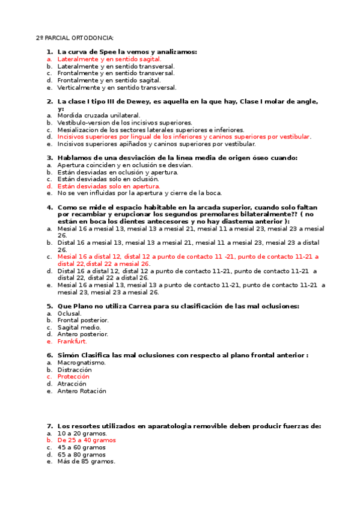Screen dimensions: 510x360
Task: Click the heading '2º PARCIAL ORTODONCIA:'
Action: (x=75, y=38)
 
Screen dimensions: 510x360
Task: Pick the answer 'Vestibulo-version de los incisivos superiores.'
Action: (x=124, y=123)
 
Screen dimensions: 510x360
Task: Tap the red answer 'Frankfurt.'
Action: (x=72, y=342)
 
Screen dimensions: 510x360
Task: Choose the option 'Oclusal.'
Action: (x=69, y=313)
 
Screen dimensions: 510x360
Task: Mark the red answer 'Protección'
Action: (x=73, y=377)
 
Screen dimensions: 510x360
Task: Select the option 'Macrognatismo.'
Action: (x=81, y=363)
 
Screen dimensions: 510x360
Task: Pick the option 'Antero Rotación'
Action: (x=82, y=391)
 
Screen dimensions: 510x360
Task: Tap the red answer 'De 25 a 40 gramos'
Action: (x=87, y=440)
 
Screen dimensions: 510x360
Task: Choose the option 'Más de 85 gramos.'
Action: (x=86, y=462)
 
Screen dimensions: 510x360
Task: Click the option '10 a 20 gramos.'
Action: (x=82, y=433)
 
